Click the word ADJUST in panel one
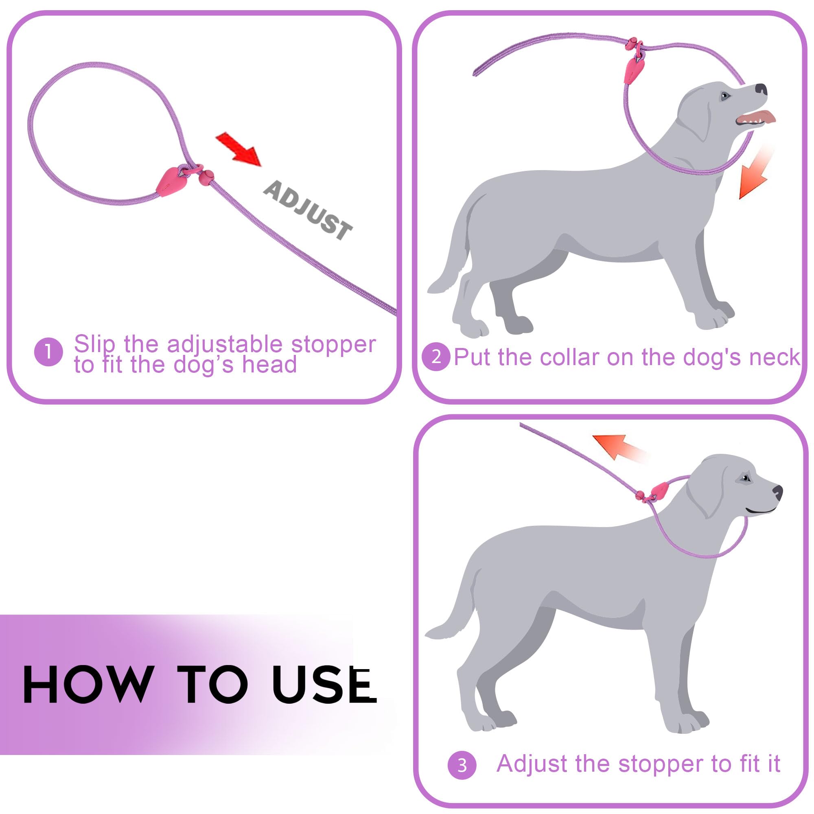click(308, 209)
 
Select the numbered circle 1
click(48, 351)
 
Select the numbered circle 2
click(436, 357)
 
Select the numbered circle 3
click(462, 765)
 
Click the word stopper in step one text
click(333, 345)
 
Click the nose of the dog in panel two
click(761, 89)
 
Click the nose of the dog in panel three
click(778, 491)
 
